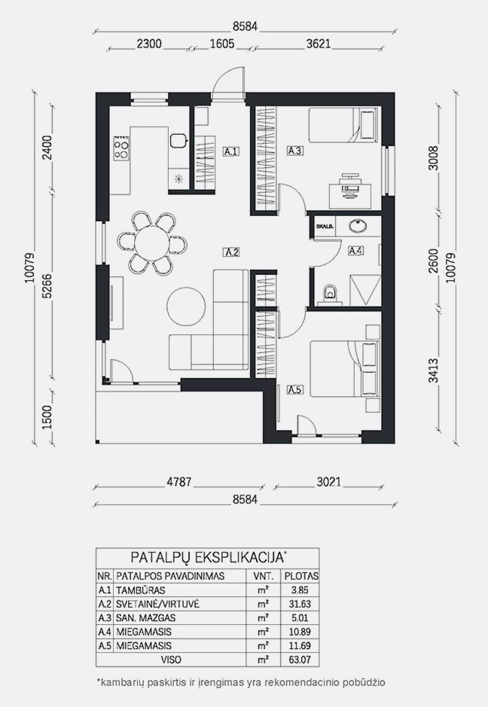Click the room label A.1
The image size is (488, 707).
coord(231,151)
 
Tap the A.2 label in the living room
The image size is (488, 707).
coord(231,252)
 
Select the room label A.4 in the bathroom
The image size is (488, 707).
coord(356,251)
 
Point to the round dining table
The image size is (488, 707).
coord(152,243)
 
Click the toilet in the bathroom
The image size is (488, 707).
coord(330,293)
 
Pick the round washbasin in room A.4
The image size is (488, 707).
coord(359,224)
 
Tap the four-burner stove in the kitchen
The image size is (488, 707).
coord(121,148)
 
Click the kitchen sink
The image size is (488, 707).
coord(178,141)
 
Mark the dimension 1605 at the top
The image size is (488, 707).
coord(222,44)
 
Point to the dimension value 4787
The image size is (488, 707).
coord(179,482)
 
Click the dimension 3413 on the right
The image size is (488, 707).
coord(434,370)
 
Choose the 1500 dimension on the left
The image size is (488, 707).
coord(47,417)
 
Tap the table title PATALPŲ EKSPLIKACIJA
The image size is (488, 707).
coord(206,557)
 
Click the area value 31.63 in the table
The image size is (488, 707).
coord(300,604)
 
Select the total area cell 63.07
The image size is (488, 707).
coord(300,660)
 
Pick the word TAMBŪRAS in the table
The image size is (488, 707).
coord(141,590)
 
